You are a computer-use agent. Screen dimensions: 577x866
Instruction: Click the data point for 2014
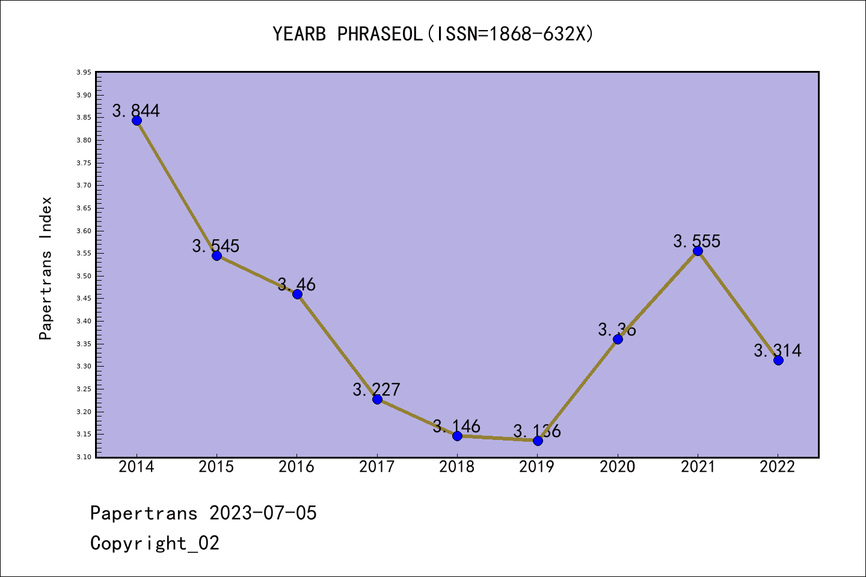(x=137, y=121)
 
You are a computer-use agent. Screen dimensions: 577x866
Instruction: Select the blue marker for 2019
(x=538, y=441)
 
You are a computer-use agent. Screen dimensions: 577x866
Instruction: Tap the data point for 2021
(x=698, y=251)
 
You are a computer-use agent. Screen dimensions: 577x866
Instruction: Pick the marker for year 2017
(x=377, y=399)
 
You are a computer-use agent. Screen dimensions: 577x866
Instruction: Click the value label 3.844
(x=136, y=111)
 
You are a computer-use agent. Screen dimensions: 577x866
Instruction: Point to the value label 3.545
(x=216, y=246)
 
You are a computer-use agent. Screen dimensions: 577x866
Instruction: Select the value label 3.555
(x=697, y=241)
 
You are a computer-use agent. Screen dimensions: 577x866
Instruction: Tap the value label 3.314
(x=778, y=350)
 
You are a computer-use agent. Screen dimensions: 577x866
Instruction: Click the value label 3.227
(x=376, y=389)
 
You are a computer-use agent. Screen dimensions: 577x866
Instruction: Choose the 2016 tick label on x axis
(x=296, y=467)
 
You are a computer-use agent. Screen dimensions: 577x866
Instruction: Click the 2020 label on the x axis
(x=617, y=467)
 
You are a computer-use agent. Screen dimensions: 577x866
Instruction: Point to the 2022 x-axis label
(x=778, y=467)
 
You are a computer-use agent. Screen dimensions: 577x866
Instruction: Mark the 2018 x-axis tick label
(x=457, y=467)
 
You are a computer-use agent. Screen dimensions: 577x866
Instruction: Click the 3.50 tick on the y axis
(x=84, y=276)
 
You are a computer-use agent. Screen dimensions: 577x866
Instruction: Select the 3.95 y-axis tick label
(x=84, y=72)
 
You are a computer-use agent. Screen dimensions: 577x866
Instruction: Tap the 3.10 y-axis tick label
(x=84, y=457)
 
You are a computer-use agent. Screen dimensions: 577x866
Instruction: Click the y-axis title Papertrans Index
(x=46, y=268)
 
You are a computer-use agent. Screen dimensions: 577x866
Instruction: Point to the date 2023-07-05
(x=263, y=513)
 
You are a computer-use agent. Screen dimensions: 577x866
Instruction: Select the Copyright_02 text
(x=155, y=543)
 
